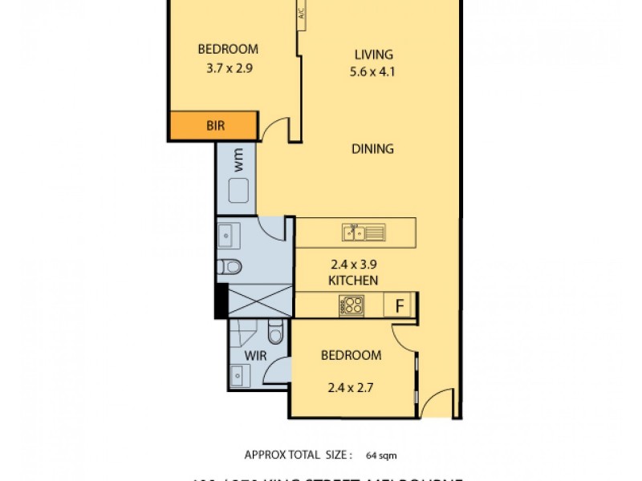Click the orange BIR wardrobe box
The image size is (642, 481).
(213, 126)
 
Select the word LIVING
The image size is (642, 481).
(374, 55)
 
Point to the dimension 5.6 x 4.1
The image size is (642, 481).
(374, 71)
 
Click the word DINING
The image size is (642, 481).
(372, 148)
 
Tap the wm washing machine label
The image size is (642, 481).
(238, 162)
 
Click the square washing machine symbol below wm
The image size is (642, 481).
(238, 191)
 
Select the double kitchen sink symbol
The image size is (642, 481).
(364, 232)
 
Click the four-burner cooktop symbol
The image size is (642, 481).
(351, 305)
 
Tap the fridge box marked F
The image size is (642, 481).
(397, 305)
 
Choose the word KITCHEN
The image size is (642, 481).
(353, 281)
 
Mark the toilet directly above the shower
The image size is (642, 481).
(231, 266)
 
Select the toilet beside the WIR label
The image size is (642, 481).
(275, 332)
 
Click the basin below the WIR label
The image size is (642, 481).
(238, 374)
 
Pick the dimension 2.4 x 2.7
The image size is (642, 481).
(351, 389)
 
